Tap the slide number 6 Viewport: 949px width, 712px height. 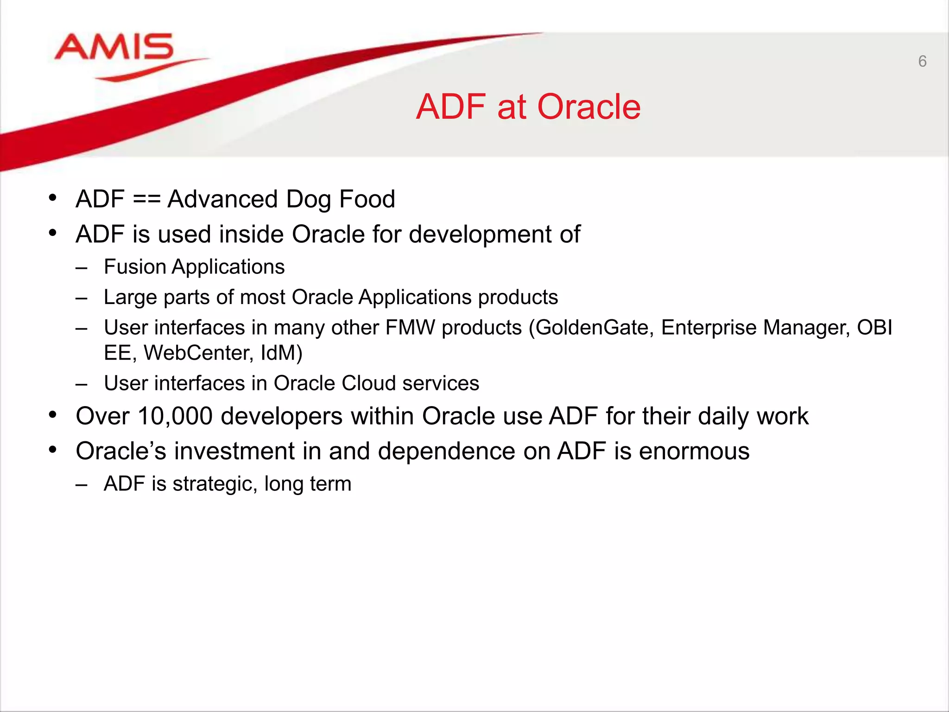tap(922, 61)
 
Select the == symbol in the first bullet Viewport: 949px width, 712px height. tap(146, 199)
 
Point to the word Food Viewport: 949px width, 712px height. tap(367, 199)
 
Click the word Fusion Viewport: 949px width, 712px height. tap(135, 267)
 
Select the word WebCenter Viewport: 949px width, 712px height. tap(198, 353)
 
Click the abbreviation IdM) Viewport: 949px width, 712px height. tap(282, 353)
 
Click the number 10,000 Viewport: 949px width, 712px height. tap(175, 416)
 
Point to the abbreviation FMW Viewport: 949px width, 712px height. tap(410, 328)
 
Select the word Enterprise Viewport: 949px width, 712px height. tap(709, 328)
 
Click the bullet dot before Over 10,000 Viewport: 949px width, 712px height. tap(53, 414)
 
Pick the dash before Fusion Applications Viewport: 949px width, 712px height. tap(82, 268)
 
